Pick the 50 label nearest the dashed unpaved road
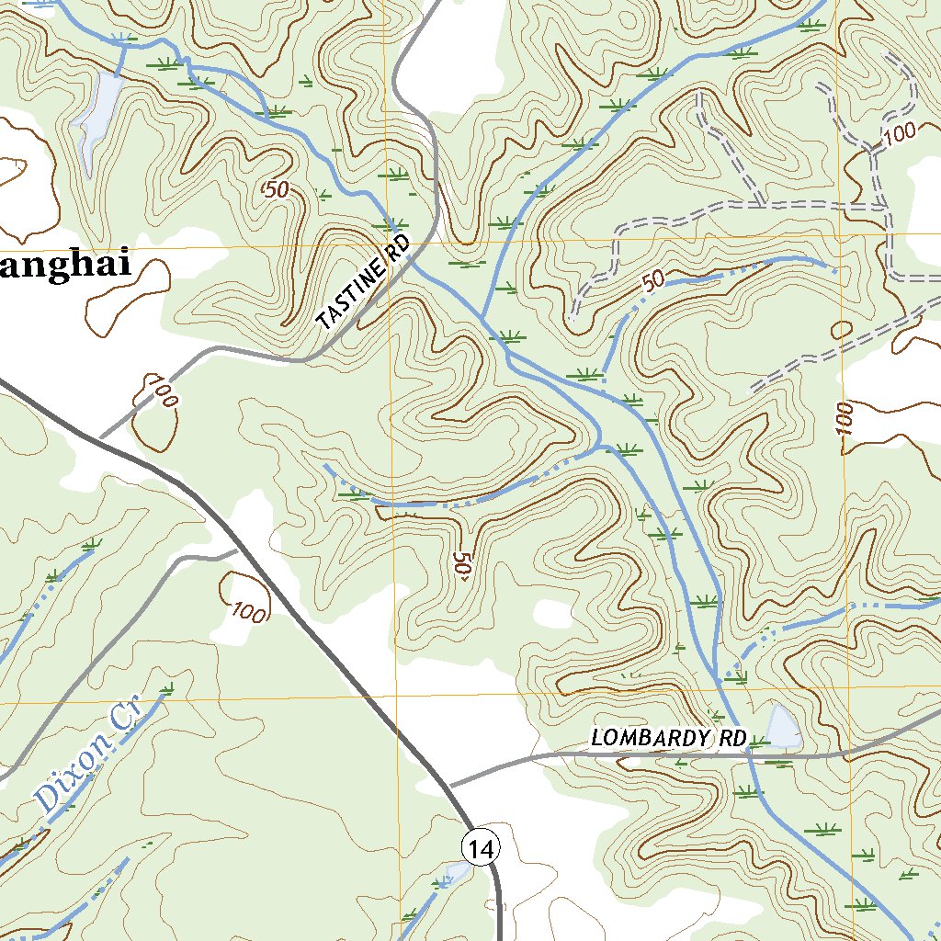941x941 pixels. click(652, 282)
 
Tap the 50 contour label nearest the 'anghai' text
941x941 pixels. click(276, 191)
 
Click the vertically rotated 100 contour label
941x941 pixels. click(845, 419)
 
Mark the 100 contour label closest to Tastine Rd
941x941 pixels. click(160, 391)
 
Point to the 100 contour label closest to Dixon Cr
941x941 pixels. click(248, 611)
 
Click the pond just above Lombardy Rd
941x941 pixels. click(783, 727)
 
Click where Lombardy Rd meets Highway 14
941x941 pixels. click(450, 787)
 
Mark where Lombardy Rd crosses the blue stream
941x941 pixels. click(749, 754)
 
